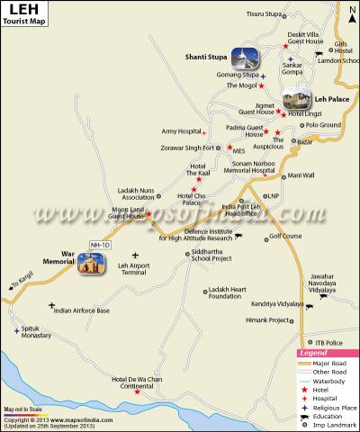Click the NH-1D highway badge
[x=100, y=244]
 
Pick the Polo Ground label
[x=323, y=125]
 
